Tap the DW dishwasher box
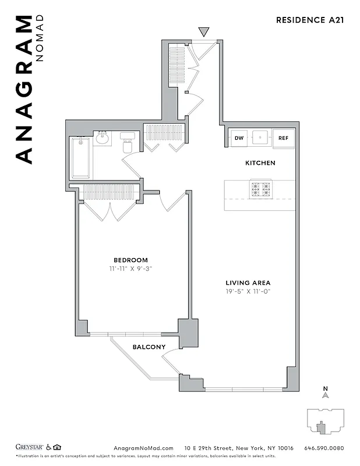239,138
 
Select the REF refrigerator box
284,138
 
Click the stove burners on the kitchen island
260,189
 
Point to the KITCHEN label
260,163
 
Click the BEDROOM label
130,260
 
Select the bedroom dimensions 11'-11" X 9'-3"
130,269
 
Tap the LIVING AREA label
249,283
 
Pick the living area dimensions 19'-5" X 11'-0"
249,291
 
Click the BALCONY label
149,347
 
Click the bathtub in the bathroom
80,158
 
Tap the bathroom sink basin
103,139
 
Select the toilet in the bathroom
128,144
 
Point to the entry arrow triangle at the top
203,31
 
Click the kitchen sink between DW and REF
260,139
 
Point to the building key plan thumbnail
324,420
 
